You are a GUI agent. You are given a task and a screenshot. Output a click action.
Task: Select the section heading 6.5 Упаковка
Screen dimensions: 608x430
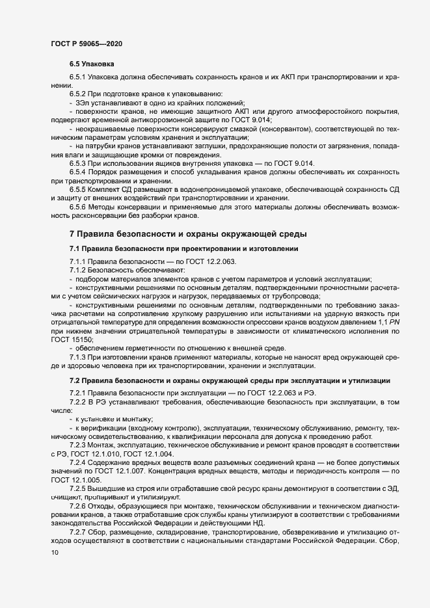pyautogui.click(x=92, y=65)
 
